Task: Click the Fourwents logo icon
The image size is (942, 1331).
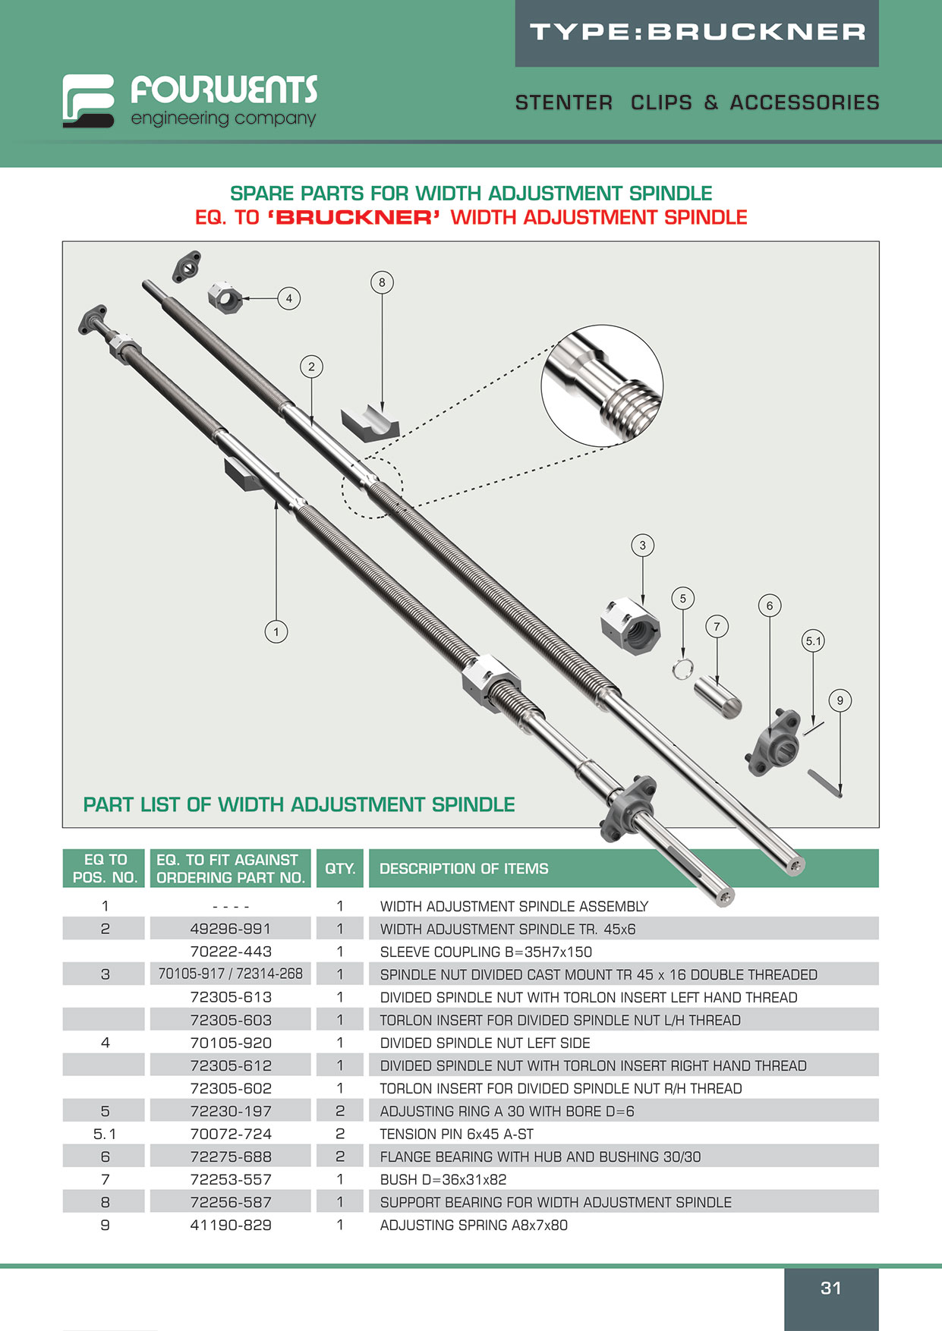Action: coord(88,100)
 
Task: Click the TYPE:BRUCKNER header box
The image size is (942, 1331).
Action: coord(697,33)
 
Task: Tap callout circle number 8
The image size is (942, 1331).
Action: coord(382,282)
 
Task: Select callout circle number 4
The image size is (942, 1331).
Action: coord(288,298)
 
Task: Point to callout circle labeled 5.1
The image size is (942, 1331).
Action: coord(813,641)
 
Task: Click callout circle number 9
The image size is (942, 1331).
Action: coord(840,700)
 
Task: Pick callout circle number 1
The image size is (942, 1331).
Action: coord(276,631)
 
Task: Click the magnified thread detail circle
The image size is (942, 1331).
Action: coord(602,385)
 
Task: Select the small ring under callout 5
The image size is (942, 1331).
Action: coord(682,669)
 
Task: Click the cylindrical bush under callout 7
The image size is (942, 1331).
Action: coord(718,697)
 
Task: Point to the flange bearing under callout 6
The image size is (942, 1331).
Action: coord(773,743)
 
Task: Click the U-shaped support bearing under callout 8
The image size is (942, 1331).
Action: coord(369,423)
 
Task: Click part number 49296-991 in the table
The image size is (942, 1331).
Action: coord(230,929)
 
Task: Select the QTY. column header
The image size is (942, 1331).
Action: coord(340,869)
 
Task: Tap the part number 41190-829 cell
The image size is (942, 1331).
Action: coord(230,1225)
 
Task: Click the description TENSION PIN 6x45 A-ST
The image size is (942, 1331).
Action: coord(456,1134)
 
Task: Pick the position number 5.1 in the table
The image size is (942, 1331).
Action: coord(105,1134)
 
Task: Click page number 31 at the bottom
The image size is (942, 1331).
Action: coord(831,1288)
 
